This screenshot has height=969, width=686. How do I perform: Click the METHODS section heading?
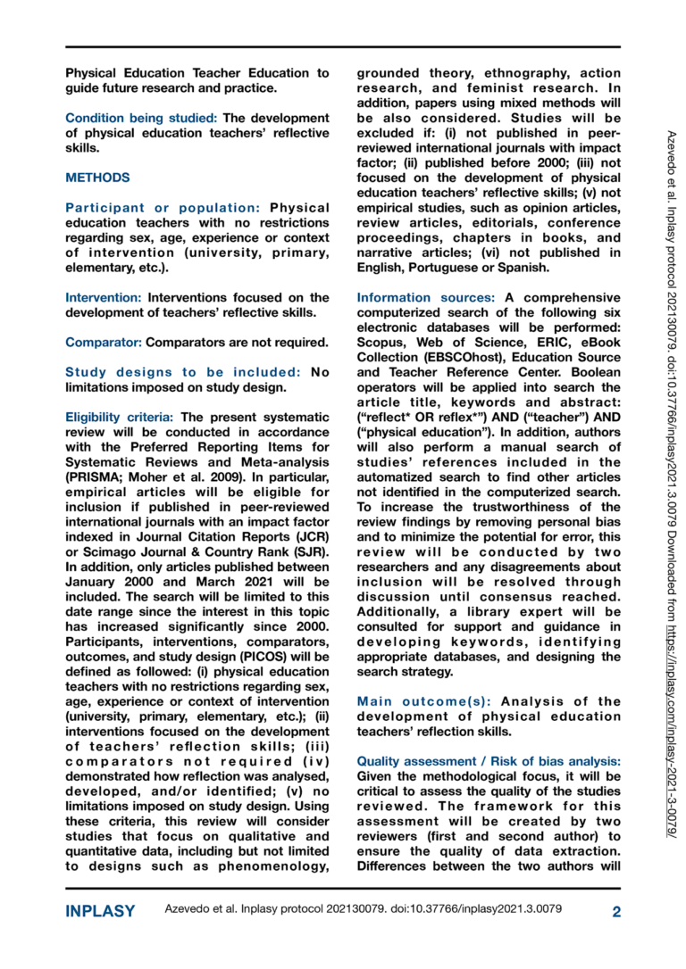coord(97,178)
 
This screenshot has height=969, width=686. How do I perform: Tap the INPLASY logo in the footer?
coord(100,911)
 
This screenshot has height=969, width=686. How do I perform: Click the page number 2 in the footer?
coord(616,911)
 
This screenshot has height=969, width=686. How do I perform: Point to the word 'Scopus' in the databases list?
coord(381,341)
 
